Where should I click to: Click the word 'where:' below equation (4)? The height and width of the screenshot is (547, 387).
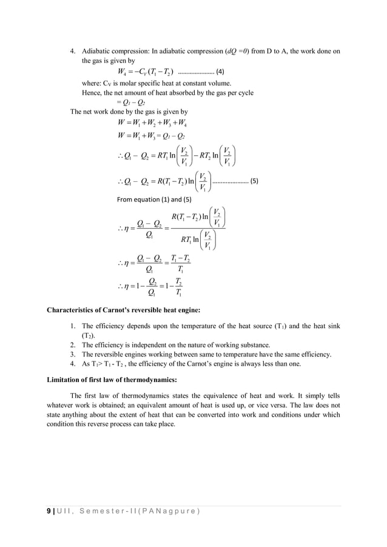point(90,83)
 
